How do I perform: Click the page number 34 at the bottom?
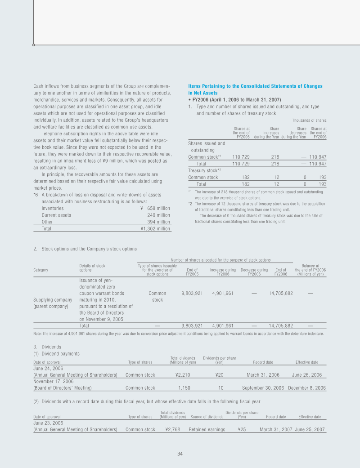(x=180, y=454)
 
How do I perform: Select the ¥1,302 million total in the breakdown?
(x=155, y=228)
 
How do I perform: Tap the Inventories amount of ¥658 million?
(x=155, y=208)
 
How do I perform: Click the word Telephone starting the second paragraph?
(x=51, y=134)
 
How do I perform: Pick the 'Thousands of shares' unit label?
(x=309, y=120)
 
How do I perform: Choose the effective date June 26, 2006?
(x=307, y=375)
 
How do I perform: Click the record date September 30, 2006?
(x=263, y=388)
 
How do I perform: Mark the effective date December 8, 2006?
(x=307, y=388)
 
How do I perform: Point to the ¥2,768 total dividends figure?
(x=173, y=429)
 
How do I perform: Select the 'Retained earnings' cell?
(x=207, y=429)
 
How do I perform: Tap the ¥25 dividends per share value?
(x=242, y=429)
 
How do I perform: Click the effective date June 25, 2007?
(x=310, y=429)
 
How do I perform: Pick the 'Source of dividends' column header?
(x=207, y=417)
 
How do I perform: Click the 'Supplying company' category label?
(x=53, y=299)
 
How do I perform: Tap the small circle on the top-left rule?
(x=34, y=45)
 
